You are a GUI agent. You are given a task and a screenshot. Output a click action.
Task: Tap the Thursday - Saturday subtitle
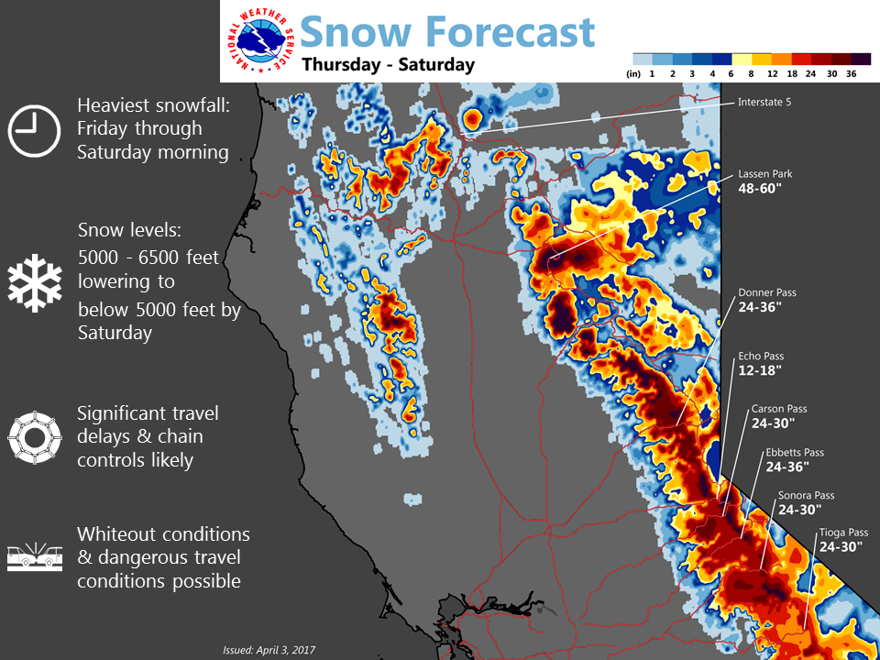(x=388, y=64)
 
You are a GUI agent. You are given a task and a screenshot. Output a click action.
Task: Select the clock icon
(x=34, y=130)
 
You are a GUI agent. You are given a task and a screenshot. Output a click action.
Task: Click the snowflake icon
(x=34, y=283)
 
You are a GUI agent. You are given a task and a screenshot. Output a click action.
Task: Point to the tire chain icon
(x=34, y=437)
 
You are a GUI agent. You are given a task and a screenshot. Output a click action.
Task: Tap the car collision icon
(x=34, y=558)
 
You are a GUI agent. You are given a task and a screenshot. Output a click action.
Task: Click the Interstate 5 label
(x=764, y=102)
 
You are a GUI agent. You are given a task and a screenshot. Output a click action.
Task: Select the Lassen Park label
(x=764, y=174)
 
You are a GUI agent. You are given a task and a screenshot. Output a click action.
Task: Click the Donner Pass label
(x=766, y=293)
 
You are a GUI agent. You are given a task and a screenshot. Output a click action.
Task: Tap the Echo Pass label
(x=761, y=357)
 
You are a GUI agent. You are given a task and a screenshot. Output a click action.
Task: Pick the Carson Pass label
(x=779, y=409)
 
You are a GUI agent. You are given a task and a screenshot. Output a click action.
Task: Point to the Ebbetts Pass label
(x=795, y=453)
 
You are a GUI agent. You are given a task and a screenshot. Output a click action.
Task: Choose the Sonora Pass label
(x=806, y=496)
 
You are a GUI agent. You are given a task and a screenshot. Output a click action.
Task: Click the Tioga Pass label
(x=843, y=533)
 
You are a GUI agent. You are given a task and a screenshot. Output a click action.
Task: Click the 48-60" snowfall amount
(x=759, y=188)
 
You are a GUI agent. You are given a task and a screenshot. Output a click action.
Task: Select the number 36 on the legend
(x=851, y=73)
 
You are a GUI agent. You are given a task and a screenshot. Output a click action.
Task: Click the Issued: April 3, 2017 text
(x=269, y=651)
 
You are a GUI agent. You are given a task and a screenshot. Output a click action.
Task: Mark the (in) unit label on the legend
(x=633, y=73)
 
